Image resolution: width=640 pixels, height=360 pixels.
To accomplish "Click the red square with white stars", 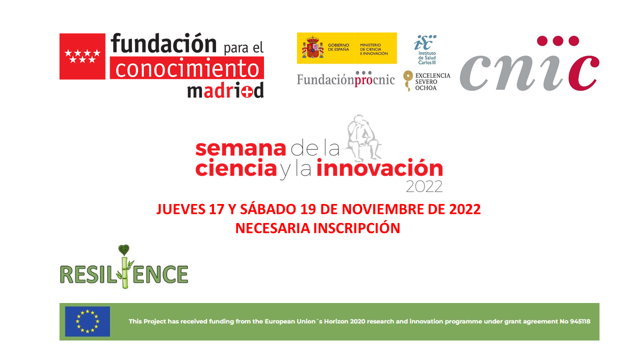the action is [82, 56].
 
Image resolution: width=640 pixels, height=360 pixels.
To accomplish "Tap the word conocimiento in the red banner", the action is [187, 68].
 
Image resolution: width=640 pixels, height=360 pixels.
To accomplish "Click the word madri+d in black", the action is [225, 90].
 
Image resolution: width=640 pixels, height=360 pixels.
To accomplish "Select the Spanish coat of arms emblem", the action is [312, 47].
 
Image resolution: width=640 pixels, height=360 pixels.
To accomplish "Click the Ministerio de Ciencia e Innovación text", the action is [373, 49].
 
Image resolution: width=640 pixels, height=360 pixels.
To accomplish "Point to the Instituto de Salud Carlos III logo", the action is [425, 49].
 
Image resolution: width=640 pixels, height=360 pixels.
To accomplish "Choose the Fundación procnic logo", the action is [345, 79].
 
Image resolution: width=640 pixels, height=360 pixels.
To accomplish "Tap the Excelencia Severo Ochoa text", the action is [432, 81].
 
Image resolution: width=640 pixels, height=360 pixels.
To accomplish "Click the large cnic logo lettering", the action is [529, 63].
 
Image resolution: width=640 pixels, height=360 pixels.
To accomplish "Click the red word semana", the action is [240, 148].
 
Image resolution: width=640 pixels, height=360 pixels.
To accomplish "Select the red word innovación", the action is [379, 167].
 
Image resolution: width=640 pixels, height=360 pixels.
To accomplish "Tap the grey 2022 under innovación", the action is [424, 187].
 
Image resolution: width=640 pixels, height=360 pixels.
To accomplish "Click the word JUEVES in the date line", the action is [181, 209].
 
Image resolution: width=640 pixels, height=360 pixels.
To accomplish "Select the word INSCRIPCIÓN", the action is [356, 228].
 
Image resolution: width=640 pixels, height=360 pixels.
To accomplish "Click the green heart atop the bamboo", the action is [123, 250].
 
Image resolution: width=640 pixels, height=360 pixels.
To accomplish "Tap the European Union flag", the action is [87, 321].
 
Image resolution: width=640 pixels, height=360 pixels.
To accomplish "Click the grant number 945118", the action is [580, 321].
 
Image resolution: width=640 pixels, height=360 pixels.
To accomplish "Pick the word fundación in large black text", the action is [163, 43].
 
